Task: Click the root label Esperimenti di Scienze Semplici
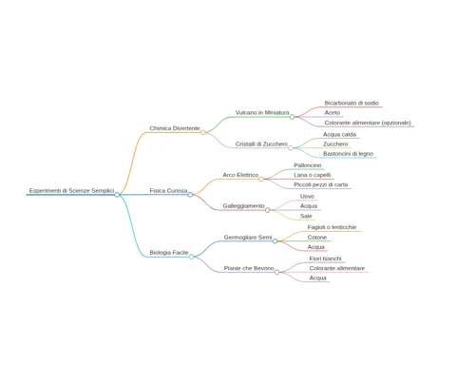[71, 190]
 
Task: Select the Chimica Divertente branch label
[175, 128]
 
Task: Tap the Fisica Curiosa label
[168, 190]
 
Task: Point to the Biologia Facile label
[169, 253]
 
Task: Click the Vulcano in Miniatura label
[262, 112]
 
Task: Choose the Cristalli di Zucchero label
[261, 144]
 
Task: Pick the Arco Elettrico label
[240, 175]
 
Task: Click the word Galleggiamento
[243, 206]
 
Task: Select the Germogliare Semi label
[248, 237]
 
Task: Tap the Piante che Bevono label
[249, 268]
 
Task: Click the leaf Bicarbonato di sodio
[351, 103]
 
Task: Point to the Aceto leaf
[332, 112]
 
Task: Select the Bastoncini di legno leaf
[349, 154]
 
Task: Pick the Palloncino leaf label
[308, 165]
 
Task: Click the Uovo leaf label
[307, 197]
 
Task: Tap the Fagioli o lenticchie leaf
[332, 227]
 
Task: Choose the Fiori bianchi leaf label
[326, 259]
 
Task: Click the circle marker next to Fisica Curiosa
[190, 195]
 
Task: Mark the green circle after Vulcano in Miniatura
[292, 117]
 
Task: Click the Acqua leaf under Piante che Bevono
[318, 278]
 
